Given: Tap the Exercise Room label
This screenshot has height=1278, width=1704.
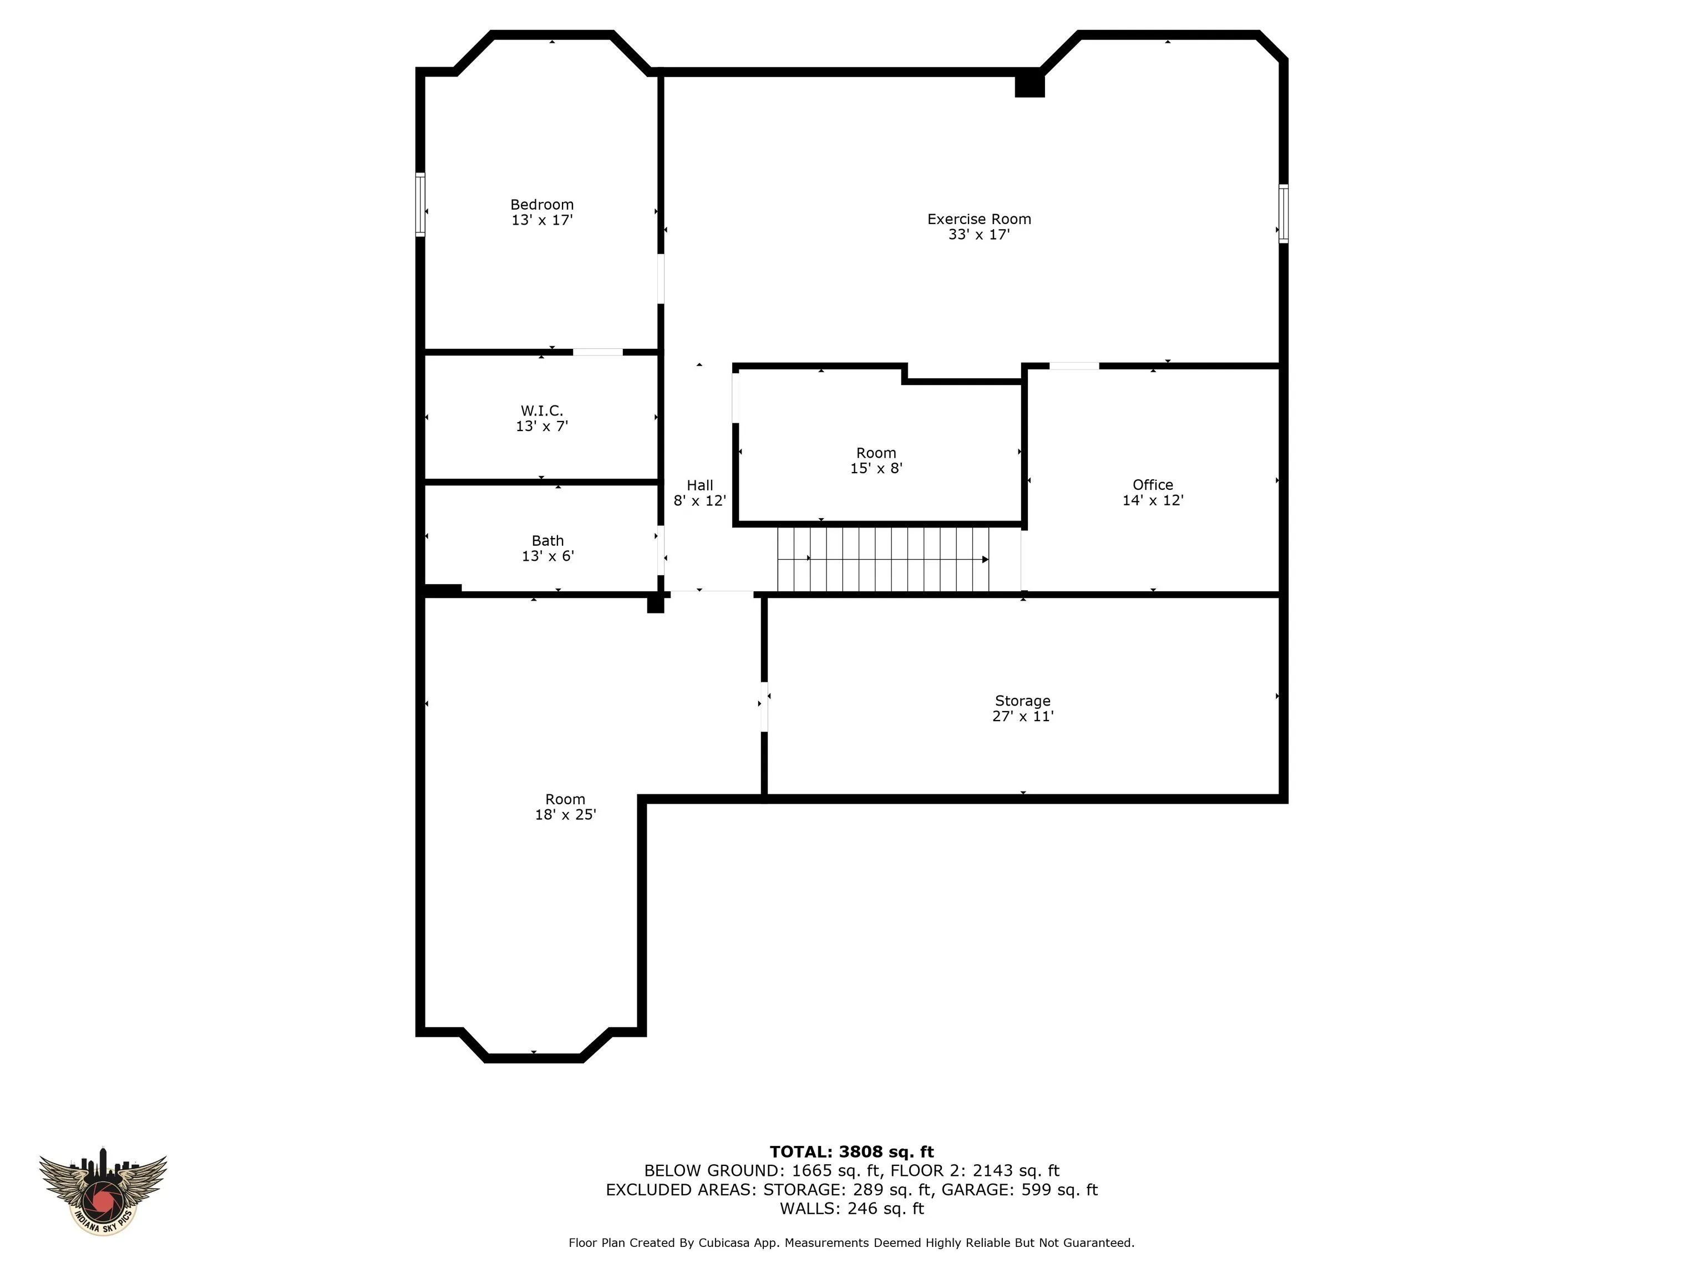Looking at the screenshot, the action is (x=979, y=220).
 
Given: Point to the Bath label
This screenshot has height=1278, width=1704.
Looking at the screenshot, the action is (x=547, y=541).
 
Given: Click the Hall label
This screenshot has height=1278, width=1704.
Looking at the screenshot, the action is (x=700, y=485).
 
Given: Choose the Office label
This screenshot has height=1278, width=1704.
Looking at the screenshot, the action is (x=1153, y=485).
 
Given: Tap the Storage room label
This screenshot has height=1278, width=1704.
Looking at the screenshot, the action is (x=1022, y=701).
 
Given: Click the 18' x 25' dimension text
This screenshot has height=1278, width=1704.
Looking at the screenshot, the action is (x=565, y=814).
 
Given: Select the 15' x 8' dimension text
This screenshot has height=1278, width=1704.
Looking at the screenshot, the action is (x=876, y=468).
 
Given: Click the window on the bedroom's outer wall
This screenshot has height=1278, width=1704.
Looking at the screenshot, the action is (x=420, y=205).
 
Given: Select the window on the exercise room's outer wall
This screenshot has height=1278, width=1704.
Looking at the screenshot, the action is (x=1284, y=214).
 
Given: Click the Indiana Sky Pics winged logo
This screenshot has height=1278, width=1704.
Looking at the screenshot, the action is (x=103, y=1191).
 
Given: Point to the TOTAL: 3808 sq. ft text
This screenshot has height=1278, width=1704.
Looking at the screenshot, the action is (x=851, y=1152).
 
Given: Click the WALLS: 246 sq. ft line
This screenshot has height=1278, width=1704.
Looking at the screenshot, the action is (x=851, y=1209).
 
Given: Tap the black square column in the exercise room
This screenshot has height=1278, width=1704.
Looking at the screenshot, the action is (x=1029, y=83).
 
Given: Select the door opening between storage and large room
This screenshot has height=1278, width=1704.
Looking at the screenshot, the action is (x=764, y=707).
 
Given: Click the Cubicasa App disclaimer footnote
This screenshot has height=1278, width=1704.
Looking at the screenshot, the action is (x=851, y=1242).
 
